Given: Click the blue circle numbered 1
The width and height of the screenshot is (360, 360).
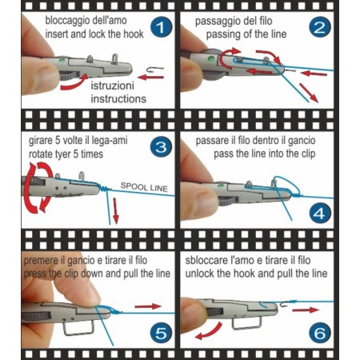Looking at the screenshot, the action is pos(161,27).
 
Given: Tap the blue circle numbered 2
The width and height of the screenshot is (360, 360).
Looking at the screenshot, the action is pos(320,27).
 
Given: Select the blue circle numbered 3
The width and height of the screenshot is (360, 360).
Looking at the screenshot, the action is pos(161,147).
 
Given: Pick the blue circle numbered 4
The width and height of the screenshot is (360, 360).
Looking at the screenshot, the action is pos(320,214).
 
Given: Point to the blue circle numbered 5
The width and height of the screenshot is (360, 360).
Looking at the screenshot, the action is pos(161,334).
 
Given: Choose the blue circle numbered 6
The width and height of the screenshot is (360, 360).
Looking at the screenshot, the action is pos(320,334).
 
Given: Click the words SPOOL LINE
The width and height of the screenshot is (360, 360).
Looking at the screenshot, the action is pos(144,187).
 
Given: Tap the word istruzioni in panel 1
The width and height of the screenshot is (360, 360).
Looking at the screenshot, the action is pos(112,86).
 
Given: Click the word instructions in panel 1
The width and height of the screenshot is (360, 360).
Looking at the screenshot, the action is pos(118,98).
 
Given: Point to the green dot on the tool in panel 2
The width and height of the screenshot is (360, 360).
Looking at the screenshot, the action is pos(211,58).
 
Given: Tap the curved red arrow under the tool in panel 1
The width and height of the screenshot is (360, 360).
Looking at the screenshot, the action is pos(74,83).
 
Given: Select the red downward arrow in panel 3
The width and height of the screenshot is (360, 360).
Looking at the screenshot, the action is pos(115,210).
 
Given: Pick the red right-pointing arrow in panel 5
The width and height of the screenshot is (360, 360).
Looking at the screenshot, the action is pos(148,306).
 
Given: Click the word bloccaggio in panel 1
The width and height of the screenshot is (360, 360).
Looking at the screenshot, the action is pos(63,21).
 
